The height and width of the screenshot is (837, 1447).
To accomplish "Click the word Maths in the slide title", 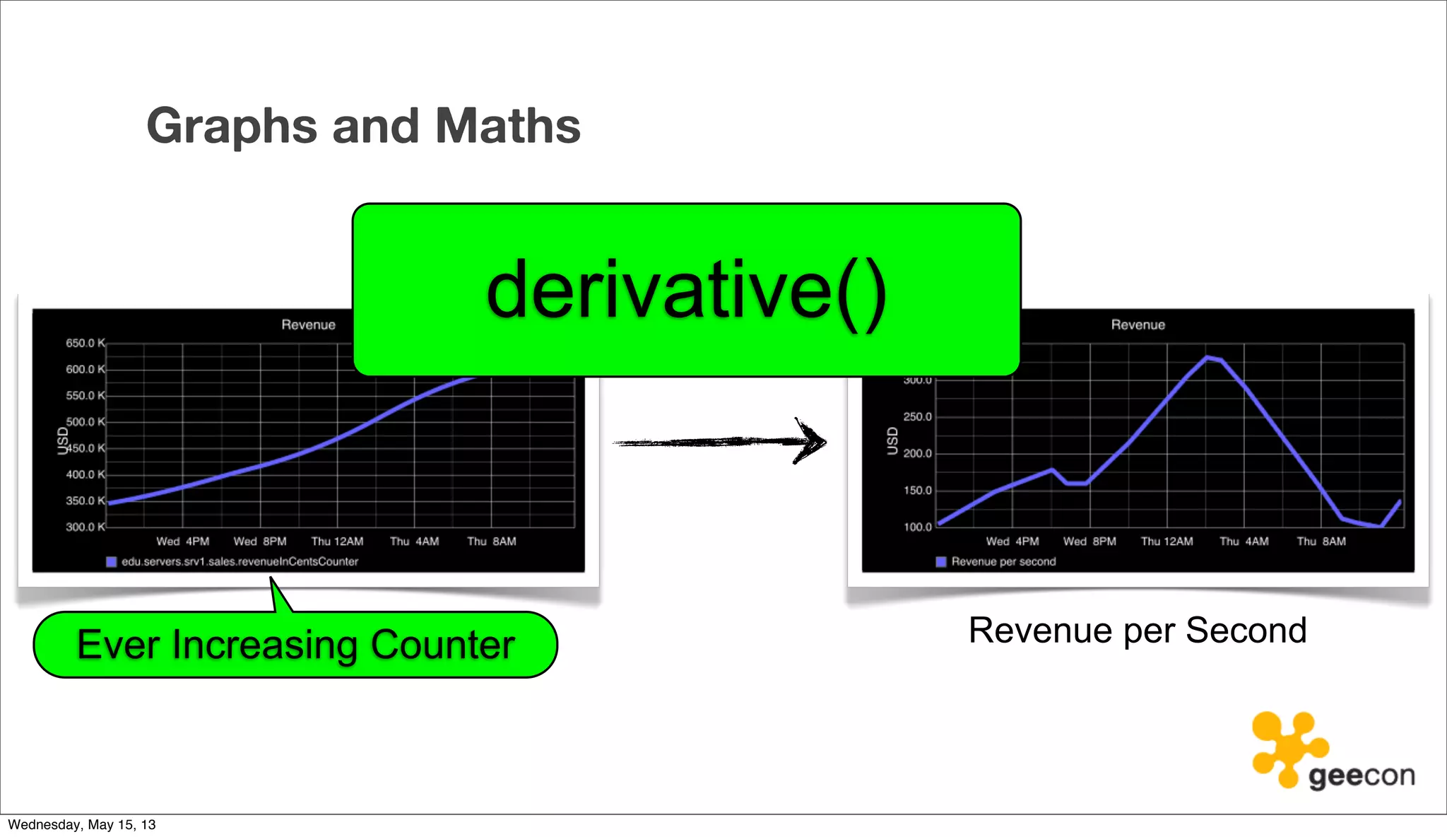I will point(507,127).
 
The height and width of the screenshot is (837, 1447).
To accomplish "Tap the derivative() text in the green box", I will point(686,291).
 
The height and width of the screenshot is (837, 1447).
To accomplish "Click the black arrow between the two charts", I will point(719,443).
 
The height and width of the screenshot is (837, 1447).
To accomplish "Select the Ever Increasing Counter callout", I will point(295,645).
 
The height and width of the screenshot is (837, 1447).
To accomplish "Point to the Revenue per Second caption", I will point(1137,630).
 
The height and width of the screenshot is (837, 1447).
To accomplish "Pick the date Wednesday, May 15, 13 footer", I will point(82,824).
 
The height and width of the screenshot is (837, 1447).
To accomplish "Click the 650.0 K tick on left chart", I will point(85,343).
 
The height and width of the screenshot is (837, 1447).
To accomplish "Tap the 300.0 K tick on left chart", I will point(85,527).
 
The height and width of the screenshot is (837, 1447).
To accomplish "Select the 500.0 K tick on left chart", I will point(85,422).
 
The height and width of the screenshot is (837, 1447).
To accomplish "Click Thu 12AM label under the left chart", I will point(337,542).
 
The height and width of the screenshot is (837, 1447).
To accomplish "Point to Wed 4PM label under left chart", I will point(182,542).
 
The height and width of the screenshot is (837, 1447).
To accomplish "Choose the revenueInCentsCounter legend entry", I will point(240,561).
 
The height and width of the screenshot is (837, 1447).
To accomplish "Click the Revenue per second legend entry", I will point(1003,561).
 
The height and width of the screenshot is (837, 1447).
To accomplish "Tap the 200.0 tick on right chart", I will point(917,454).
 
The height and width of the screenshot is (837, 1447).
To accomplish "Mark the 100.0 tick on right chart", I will point(917,527).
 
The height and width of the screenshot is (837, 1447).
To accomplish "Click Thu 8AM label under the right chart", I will point(1321,542).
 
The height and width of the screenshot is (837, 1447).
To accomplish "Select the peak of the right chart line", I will point(1207,358).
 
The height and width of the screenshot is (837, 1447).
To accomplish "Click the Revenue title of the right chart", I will point(1138,324).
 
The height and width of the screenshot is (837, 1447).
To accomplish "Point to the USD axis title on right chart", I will point(892,441).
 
